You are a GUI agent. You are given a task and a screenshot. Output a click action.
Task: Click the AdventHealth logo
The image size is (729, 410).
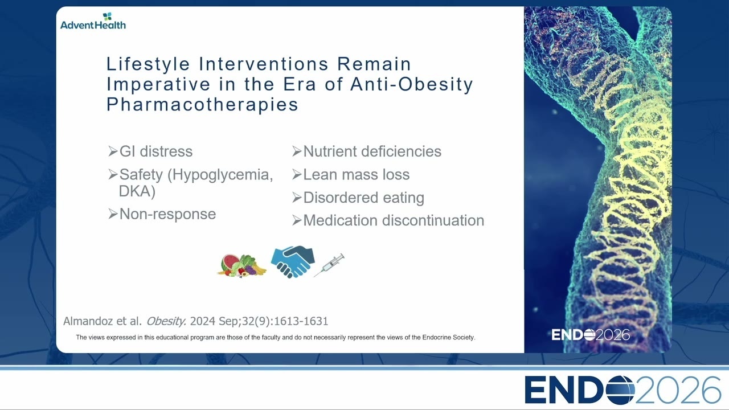click(x=93, y=21)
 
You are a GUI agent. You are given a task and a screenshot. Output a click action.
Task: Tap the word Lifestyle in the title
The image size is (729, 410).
click(x=148, y=64)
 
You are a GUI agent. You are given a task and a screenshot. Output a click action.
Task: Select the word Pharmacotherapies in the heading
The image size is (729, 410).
click(x=202, y=105)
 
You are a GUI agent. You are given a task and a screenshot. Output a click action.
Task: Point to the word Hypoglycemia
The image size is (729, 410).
click(x=220, y=175)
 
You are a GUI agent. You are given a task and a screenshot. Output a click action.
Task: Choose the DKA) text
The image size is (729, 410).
click(x=137, y=191)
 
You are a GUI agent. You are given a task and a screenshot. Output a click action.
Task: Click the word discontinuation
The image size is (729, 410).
click(x=433, y=220)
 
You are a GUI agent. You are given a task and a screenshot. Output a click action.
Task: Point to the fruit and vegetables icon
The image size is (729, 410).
click(x=242, y=265)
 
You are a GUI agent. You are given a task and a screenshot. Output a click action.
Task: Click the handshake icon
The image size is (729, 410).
click(x=293, y=261)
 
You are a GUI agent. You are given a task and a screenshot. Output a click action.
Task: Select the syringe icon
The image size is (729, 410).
click(x=329, y=265)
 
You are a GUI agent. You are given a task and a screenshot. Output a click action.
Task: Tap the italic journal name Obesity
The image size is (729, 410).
click(x=166, y=321)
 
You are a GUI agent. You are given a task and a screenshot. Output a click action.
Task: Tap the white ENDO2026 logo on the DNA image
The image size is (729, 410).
click(x=591, y=335)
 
